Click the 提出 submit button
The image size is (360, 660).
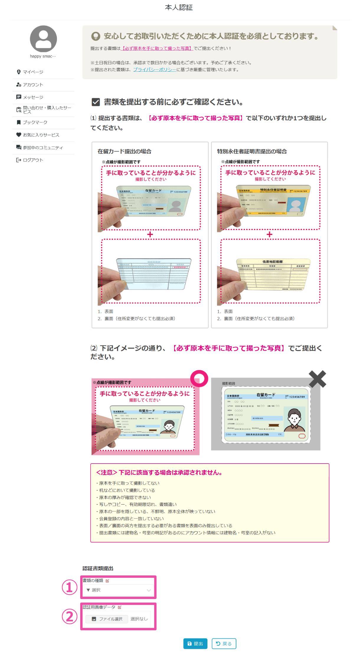(195, 643)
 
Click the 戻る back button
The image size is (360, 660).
(224, 643)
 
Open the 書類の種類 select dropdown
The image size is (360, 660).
(118, 590)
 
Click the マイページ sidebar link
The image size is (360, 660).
(33, 72)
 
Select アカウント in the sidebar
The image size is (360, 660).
(33, 85)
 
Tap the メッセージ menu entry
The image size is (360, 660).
(33, 97)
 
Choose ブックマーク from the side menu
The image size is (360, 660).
(35, 122)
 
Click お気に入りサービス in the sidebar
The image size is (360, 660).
(41, 135)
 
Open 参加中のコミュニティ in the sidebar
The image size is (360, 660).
(43, 148)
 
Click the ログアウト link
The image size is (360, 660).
(33, 160)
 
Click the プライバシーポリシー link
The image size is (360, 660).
(155, 70)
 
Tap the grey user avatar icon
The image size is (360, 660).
(43, 39)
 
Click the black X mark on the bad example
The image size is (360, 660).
(318, 379)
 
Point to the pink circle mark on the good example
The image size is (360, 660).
(199, 378)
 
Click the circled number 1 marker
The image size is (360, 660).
(70, 587)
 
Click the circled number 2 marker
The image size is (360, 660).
(70, 617)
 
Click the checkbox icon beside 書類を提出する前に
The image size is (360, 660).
(96, 102)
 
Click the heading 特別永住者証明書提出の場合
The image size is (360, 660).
(252, 151)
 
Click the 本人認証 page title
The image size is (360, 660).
(179, 7)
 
